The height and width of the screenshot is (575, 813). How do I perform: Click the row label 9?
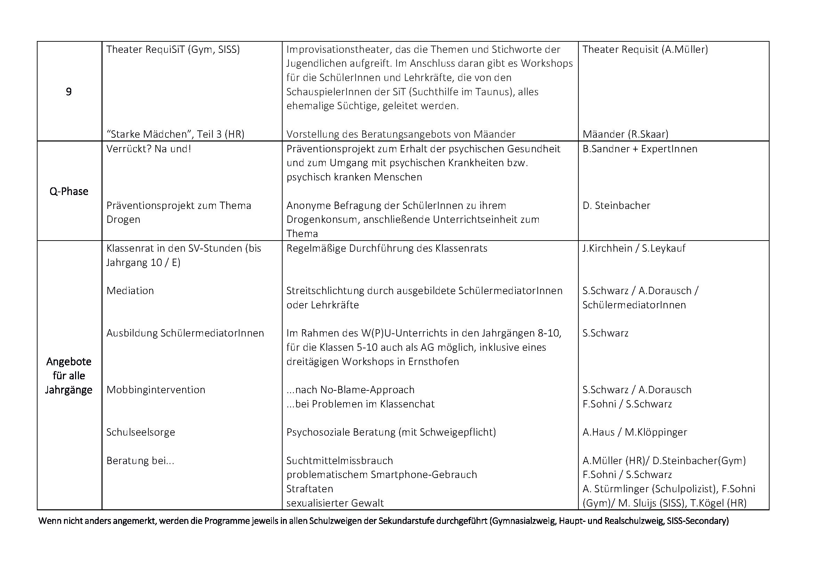[x=69, y=92]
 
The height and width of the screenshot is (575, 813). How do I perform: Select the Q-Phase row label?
[x=69, y=191]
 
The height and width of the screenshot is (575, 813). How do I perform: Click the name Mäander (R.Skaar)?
[x=625, y=134]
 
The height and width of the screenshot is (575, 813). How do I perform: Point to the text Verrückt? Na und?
[x=149, y=149]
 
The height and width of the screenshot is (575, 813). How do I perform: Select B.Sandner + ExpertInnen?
[x=640, y=149]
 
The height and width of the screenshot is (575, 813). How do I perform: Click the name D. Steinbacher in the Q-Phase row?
[x=617, y=205]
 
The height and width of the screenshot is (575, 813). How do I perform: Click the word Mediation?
[x=130, y=291]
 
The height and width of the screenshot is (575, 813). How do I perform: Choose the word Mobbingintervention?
[x=156, y=390]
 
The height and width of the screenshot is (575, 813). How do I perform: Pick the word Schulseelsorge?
[x=140, y=432]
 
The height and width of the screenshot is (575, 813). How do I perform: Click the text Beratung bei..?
[x=140, y=461]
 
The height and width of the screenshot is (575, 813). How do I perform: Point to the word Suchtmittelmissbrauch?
[x=340, y=461]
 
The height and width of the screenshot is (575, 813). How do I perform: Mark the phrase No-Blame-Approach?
[x=367, y=390]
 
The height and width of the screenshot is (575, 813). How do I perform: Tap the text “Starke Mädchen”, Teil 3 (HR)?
[x=175, y=134]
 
